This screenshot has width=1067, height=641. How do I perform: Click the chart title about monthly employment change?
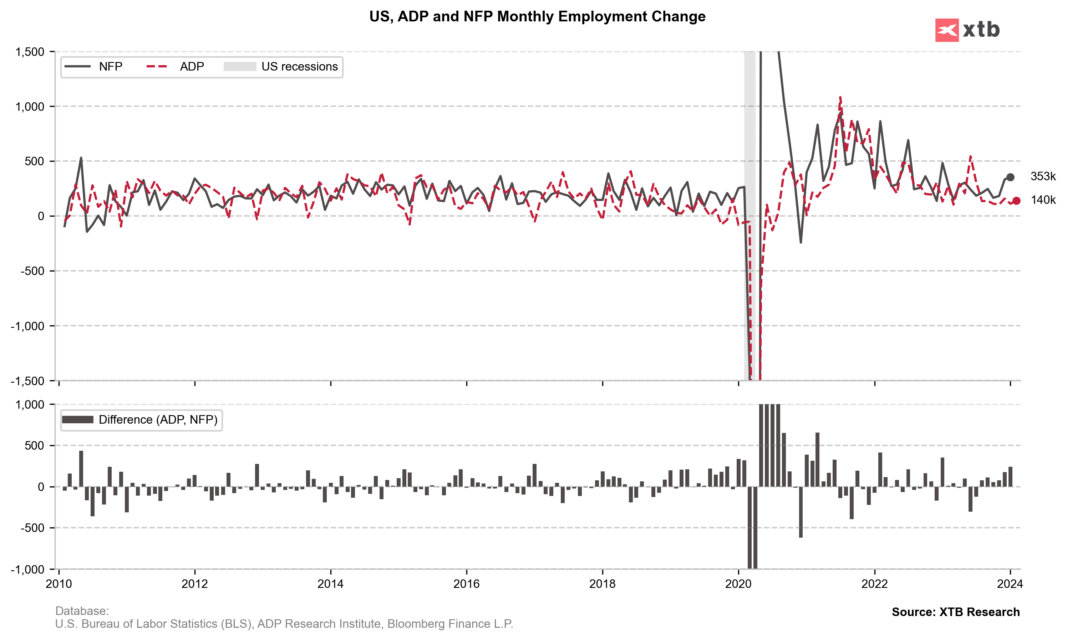tap(537, 16)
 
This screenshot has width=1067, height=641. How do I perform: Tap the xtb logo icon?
tap(946, 30)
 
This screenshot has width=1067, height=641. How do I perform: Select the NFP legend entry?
tap(93, 67)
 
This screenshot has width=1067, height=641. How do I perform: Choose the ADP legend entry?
tap(175, 67)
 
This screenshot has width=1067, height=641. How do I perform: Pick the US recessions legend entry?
tap(281, 67)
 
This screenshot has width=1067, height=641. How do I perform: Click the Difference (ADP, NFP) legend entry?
tap(141, 420)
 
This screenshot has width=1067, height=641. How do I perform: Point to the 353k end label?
tap(1043, 176)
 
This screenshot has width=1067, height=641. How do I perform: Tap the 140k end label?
tap(1043, 200)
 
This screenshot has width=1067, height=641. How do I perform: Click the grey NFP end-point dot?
tap(1010, 177)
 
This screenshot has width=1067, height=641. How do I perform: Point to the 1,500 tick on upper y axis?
tap(30, 52)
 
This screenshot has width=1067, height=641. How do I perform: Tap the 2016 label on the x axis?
tap(467, 584)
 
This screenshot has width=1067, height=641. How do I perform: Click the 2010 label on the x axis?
tap(59, 584)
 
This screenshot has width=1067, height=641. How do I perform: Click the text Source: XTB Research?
tap(955, 612)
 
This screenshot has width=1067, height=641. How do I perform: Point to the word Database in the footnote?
tap(82, 611)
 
